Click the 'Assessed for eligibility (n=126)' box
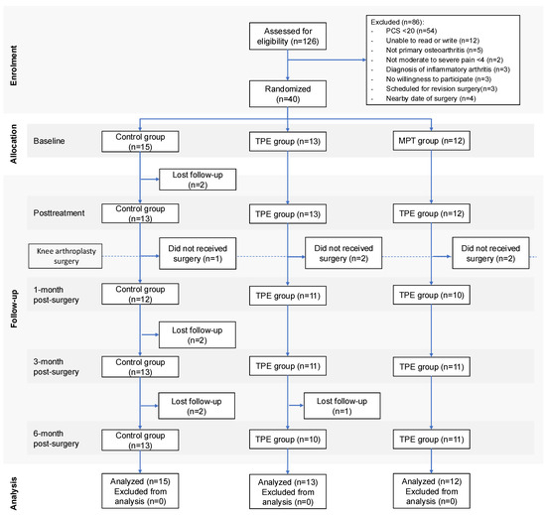[288, 36]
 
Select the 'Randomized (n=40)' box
[288, 94]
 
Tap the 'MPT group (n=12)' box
[432, 141]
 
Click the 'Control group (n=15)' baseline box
[140, 142]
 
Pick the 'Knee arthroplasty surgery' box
[66, 256]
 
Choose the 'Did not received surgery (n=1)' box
[198, 253]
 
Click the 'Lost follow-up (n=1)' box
[341, 406]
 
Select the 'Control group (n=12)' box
[140, 294]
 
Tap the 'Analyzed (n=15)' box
[140, 491]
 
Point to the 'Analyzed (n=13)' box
[288, 492]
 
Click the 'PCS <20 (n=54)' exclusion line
[411, 31]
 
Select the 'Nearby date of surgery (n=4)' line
[431, 98]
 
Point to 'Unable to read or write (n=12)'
[432, 41]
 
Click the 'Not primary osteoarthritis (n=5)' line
[434, 50]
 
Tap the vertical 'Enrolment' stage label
[13, 65]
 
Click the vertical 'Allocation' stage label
[13, 144]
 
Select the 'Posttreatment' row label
[59, 213]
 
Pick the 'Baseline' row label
[49, 141]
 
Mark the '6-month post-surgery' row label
[56, 439]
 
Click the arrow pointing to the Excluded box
[327, 60]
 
